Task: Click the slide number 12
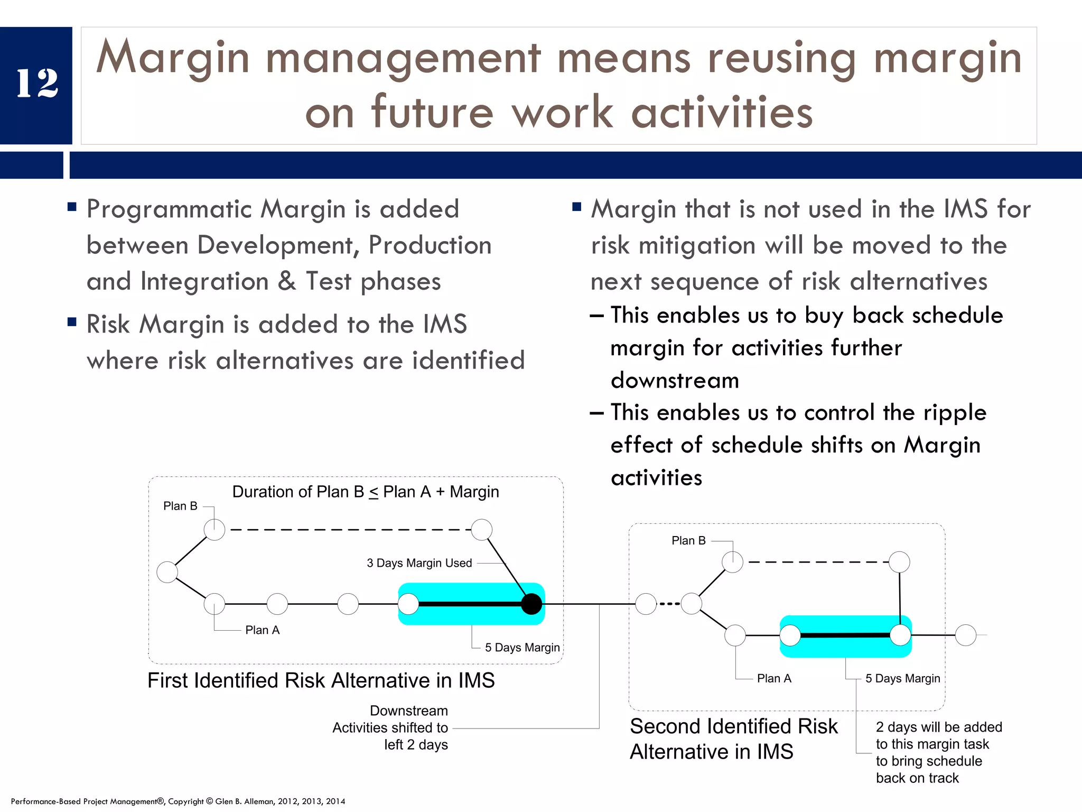click(x=37, y=84)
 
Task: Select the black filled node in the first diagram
click(x=531, y=604)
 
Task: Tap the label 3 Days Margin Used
click(x=419, y=563)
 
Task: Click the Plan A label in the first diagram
click(x=262, y=630)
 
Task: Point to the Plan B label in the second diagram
click(x=688, y=541)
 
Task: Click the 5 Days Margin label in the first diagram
click(x=522, y=648)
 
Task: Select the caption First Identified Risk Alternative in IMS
click(x=321, y=680)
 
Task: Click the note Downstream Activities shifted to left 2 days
click(x=390, y=728)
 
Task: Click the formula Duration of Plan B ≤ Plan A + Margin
click(x=366, y=492)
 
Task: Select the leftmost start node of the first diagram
click(x=167, y=572)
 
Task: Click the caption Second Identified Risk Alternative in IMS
click(x=733, y=739)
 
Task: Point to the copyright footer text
click(x=178, y=801)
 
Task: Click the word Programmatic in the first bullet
click(x=169, y=209)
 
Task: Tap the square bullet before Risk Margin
click(x=72, y=322)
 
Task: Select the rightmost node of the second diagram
click(x=966, y=635)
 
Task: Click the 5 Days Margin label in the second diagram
click(x=902, y=679)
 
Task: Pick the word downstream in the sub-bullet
click(x=675, y=381)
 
